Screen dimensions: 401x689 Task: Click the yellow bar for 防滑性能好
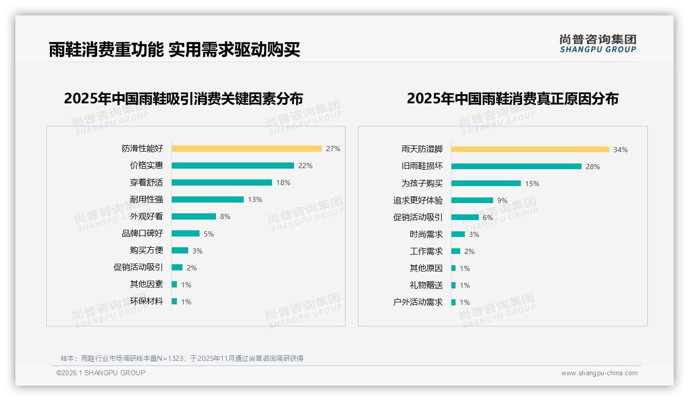coord(246,149)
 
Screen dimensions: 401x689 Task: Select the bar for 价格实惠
coord(232,166)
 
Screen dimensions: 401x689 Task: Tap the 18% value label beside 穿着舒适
coord(283,183)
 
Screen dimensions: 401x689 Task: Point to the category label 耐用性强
coord(146,199)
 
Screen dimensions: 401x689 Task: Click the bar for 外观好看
coord(193,216)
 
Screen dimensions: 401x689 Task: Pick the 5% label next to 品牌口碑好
coord(209,234)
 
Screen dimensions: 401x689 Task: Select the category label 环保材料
coord(146,301)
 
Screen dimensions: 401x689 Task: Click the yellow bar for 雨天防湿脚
coord(530,149)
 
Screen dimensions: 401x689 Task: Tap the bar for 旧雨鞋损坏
coord(516,166)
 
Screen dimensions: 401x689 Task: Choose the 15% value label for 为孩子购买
coord(532,184)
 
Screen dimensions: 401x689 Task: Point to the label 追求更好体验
coord(418,200)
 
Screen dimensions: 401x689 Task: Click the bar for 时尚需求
coord(458,234)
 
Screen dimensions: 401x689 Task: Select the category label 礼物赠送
coord(426,285)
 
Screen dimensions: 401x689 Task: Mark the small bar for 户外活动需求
coord(454,302)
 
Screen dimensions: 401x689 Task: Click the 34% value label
coord(621,150)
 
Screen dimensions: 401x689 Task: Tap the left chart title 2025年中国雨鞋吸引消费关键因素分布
coord(183,98)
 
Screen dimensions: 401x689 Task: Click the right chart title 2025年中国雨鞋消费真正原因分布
coord(512,98)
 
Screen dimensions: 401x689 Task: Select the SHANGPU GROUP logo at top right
coord(597,43)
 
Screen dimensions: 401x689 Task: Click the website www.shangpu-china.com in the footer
coord(599,373)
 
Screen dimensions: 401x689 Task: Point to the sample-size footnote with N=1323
coord(182,358)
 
